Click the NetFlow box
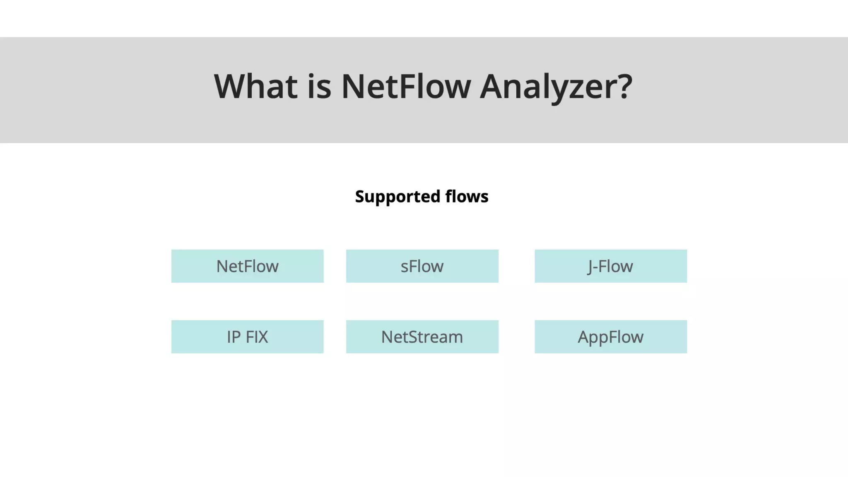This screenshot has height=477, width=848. click(x=247, y=266)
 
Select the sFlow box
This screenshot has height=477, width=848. click(x=422, y=266)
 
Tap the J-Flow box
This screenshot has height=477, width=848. click(x=610, y=266)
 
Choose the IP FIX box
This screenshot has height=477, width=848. click(x=247, y=337)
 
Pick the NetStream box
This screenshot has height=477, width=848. click(x=422, y=337)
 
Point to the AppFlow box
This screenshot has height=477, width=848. click(x=610, y=337)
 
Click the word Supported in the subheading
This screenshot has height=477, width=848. click(x=397, y=197)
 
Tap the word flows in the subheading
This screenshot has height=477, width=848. click(x=467, y=197)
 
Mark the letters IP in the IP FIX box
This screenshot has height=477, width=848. click(x=234, y=337)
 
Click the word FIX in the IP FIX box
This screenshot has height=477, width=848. click(x=257, y=337)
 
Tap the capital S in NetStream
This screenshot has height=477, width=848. click(x=414, y=337)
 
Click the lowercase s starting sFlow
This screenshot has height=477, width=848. click(x=404, y=267)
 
